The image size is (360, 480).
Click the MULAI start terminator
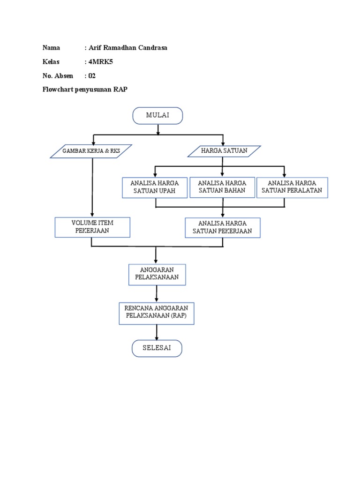pyautogui.click(x=157, y=116)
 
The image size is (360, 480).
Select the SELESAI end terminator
pyautogui.click(x=157, y=349)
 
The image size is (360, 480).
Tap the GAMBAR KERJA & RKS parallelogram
pyautogui.click(x=91, y=151)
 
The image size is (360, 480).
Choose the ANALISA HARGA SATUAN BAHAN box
pyautogui.click(x=222, y=187)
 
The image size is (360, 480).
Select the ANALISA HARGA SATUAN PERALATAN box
pyautogui.click(x=292, y=187)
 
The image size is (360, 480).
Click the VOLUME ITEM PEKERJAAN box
pyautogui.click(x=92, y=227)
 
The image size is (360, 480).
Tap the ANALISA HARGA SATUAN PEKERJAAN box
pyautogui.click(x=222, y=227)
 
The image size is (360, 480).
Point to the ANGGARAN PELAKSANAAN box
pyautogui.click(x=157, y=274)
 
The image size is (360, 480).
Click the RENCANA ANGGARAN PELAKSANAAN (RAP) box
pyautogui.click(x=156, y=313)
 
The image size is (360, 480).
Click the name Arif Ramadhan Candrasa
pyautogui.click(x=128, y=48)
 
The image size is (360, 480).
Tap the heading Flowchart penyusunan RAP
pyautogui.click(x=85, y=90)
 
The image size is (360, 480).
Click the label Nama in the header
pyautogui.click(x=51, y=48)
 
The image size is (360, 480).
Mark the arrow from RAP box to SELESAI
pyautogui.click(x=157, y=332)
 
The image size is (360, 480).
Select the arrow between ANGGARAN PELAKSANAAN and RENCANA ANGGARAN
pyautogui.click(x=157, y=293)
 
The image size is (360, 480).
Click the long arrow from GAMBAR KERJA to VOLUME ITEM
pyautogui.click(x=92, y=187)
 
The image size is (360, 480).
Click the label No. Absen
pyautogui.click(x=58, y=76)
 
